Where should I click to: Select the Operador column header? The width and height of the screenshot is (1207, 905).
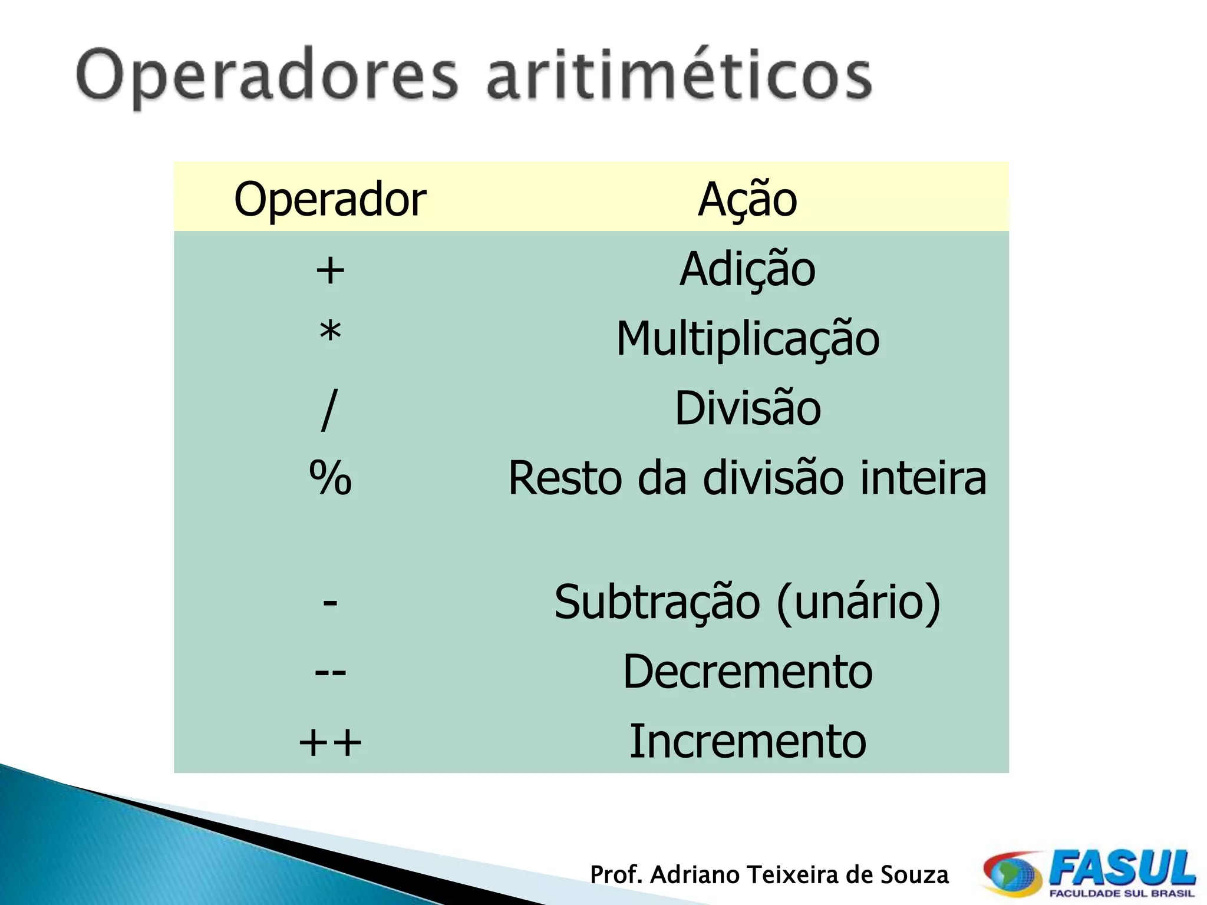click(x=330, y=199)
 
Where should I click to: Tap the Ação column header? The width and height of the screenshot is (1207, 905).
click(x=747, y=199)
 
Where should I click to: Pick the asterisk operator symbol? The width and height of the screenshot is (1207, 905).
click(x=330, y=333)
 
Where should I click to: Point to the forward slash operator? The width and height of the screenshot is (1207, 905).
click(x=329, y=409)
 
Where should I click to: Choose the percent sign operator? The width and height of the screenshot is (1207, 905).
click(x=330, y=478)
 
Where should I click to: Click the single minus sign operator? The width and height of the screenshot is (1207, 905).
click(x=330, y=603)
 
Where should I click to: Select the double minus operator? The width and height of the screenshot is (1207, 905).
click(x=330, y=672)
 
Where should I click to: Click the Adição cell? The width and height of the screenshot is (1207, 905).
click(x=747, y=269)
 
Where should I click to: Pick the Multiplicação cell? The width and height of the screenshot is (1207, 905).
click(x=747, y=339)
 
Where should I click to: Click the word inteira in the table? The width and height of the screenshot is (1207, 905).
click(x=923, y=478)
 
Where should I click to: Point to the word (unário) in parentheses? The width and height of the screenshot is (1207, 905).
click(x=859, y=603)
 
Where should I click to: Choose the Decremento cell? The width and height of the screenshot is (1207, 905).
click(x=747, y=672)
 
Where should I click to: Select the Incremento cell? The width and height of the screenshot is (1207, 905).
click(x=747, y=741)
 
